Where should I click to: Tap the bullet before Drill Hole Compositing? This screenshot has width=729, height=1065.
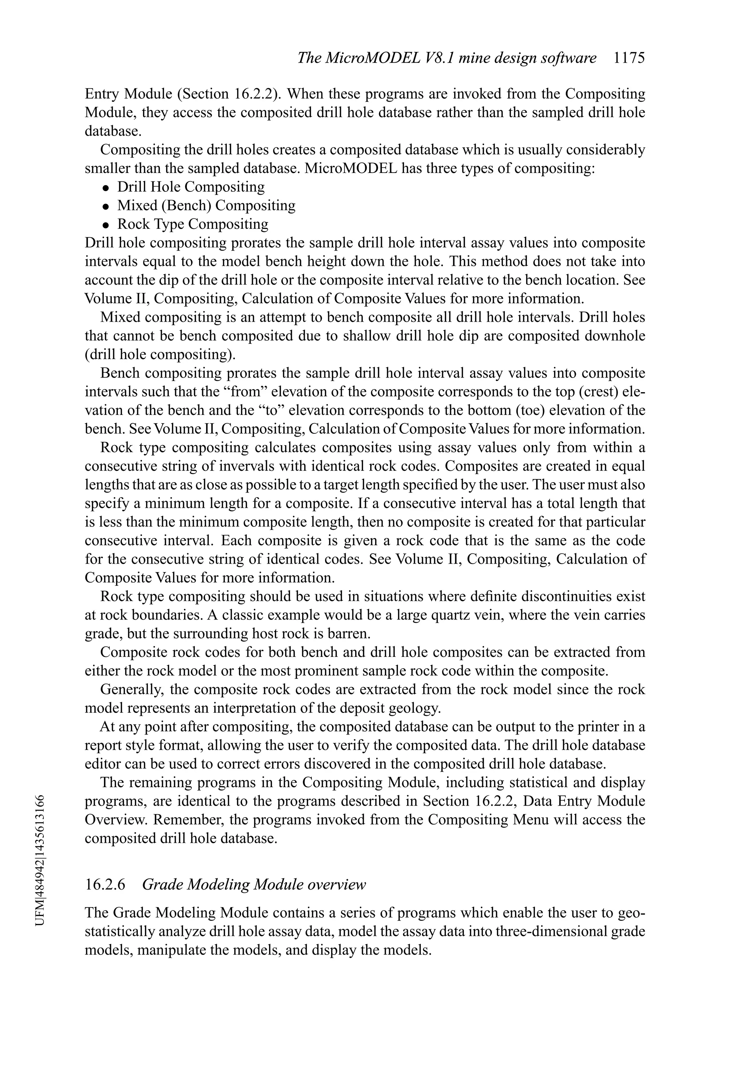[x=106, y=188]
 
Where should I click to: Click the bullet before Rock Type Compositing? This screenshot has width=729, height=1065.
[x=106, y=225]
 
